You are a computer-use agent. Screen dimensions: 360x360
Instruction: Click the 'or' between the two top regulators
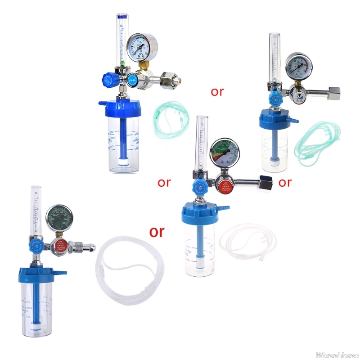217,92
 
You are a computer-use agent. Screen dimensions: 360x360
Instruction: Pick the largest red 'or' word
157,231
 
